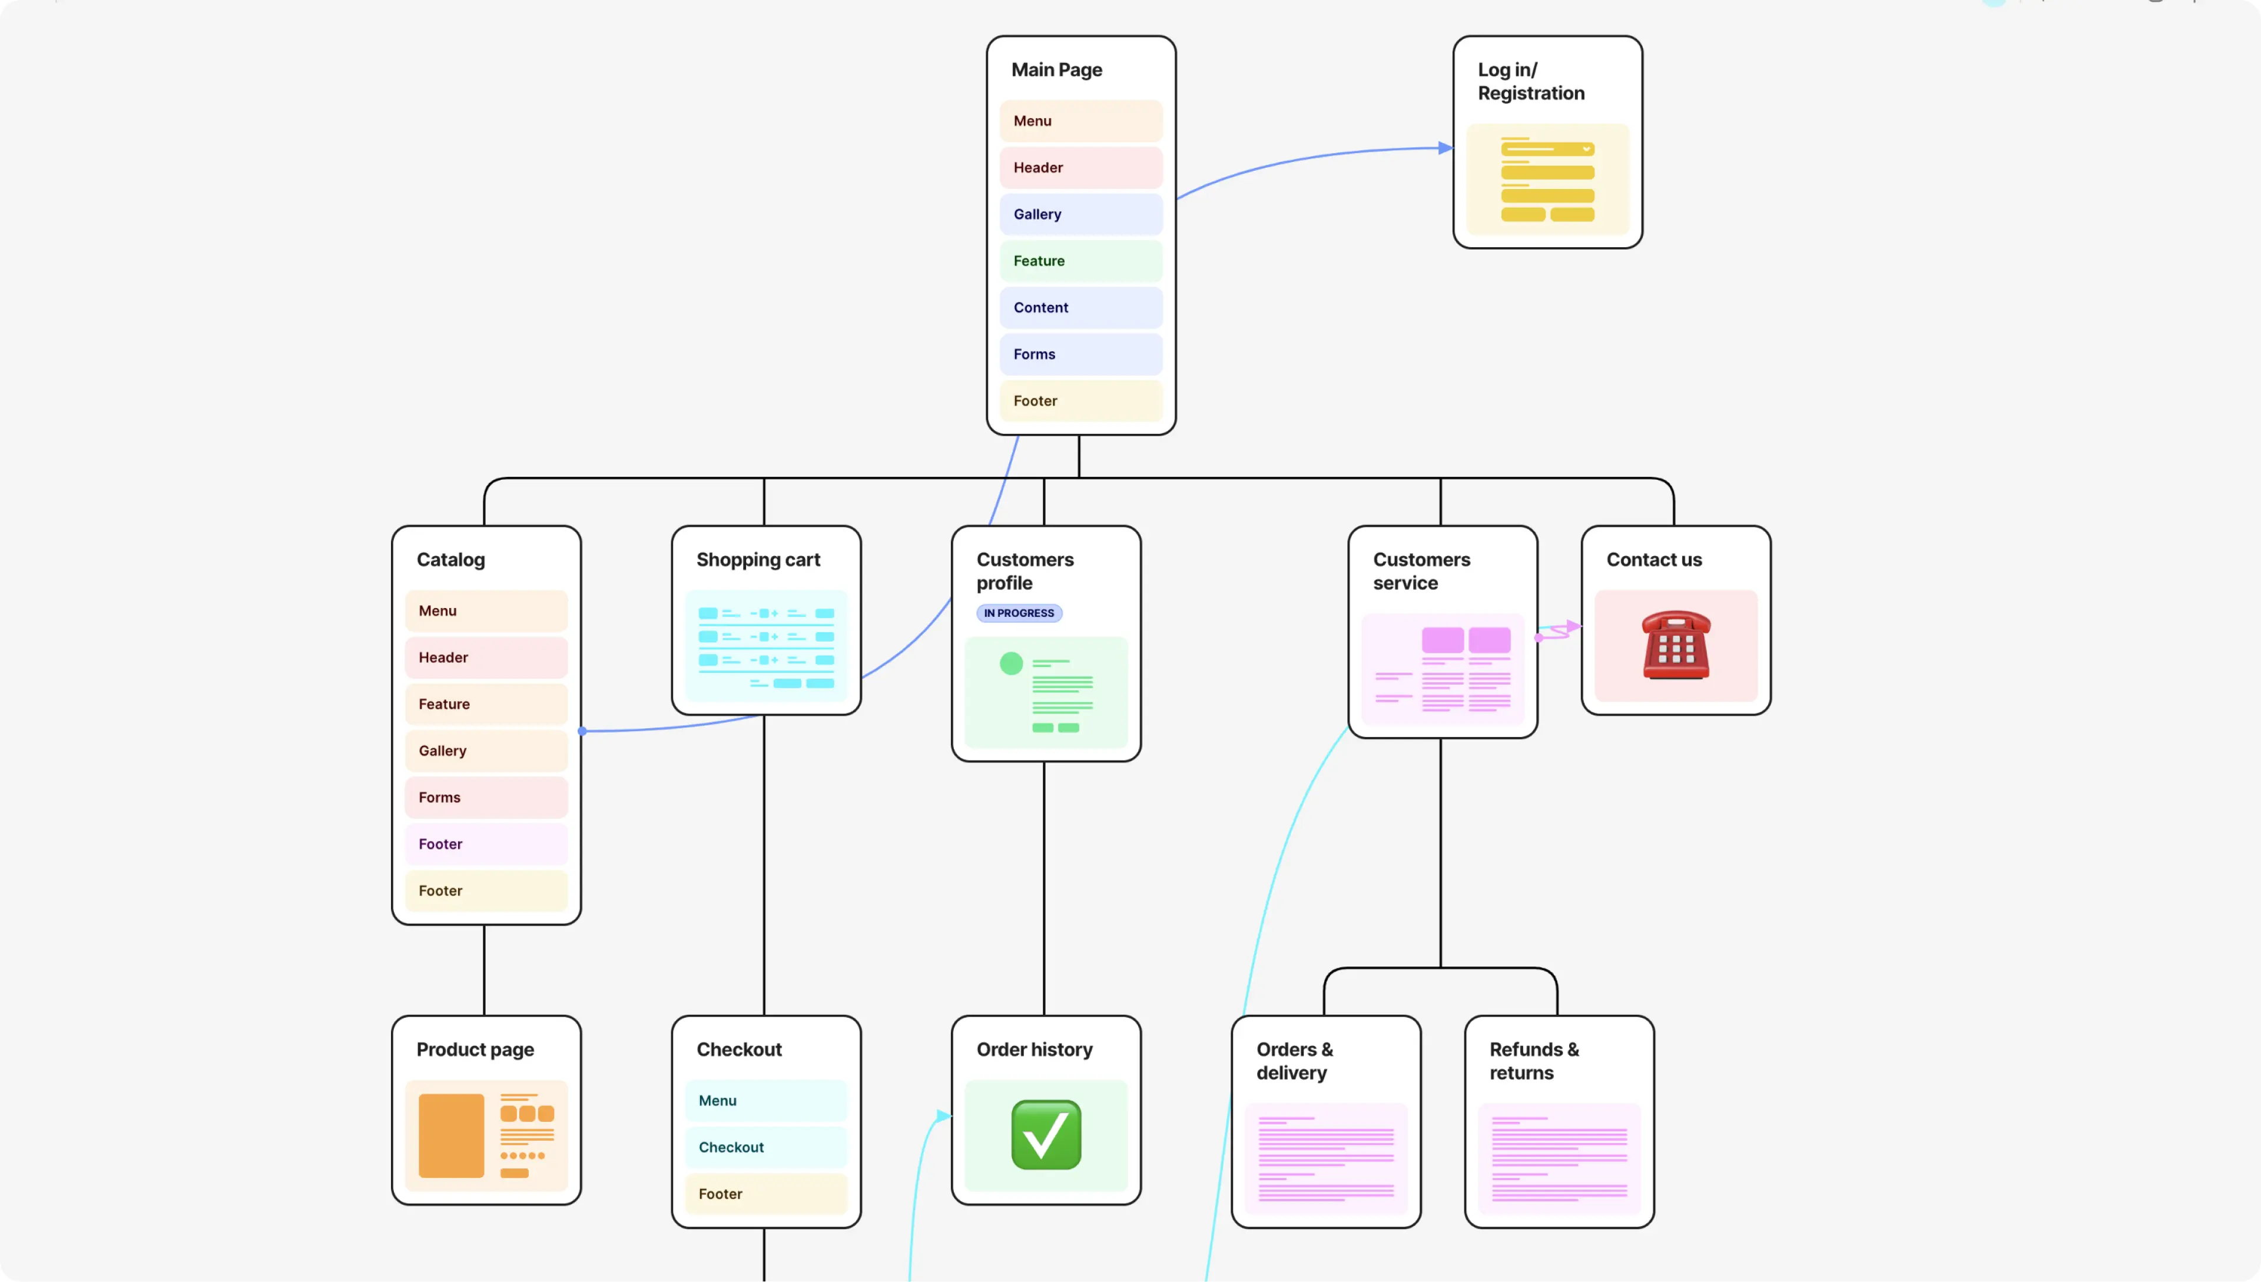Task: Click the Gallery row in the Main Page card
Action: click(1080, 214)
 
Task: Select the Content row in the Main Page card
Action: click(1080, 307)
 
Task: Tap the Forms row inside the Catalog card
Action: click(485, 797)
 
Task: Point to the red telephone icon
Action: click(1675, 645)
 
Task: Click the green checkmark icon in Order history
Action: click(1046, 1134)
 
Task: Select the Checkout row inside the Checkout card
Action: click(765, 1147)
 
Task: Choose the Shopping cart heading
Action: click(757, 559)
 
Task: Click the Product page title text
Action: click(475, 1049)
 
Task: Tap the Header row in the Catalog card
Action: click(485, 657)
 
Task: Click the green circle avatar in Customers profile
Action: click(1010, 663)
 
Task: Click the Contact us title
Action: click(1653, 559)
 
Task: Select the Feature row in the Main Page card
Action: click(1080, 261)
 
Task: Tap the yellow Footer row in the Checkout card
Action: click(765, 1193)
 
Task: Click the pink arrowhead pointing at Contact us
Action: click(1573, 627)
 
